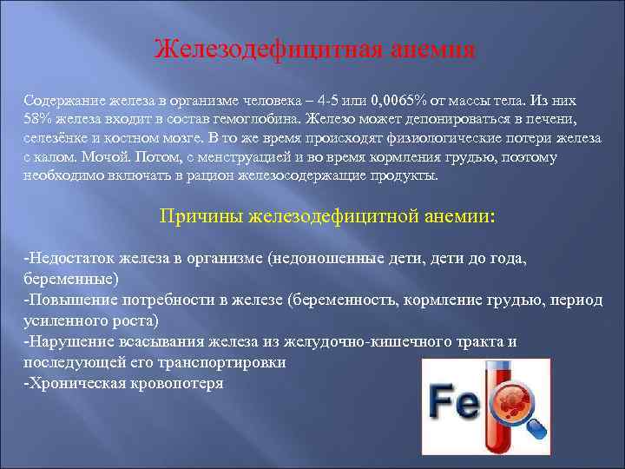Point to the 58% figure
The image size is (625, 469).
(38, 120)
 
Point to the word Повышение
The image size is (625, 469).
(70, 300)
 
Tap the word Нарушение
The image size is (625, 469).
(71, 341)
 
